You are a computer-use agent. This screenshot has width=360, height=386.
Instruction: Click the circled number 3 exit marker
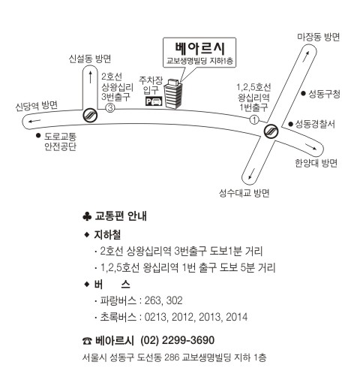point(110,108)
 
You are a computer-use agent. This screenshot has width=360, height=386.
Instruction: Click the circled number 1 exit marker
point(254,119)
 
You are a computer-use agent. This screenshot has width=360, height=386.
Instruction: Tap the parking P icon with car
point(154,101)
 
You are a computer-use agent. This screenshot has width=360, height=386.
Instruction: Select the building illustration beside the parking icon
point(173,94)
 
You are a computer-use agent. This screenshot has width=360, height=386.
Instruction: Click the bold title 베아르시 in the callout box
point(200,49)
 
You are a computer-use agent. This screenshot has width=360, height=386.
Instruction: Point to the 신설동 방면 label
point(90,59)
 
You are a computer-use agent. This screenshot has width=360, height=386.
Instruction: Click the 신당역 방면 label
point(37,106)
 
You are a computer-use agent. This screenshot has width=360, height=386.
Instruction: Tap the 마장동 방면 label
point(318,37)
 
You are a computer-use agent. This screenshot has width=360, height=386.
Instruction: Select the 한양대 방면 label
point(316,163)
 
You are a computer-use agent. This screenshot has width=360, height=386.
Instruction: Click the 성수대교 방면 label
point(244,193)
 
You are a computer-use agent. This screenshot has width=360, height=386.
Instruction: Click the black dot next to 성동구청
point(303,93)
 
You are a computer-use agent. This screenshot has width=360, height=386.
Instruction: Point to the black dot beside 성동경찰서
point(290,124)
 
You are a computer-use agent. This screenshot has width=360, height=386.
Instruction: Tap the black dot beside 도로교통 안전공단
point(38,135)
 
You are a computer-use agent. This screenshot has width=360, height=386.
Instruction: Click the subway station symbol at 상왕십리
point(90,115)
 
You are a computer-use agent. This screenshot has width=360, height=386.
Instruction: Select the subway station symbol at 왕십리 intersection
point(271,131)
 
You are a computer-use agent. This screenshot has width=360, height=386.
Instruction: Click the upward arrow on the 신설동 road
point(91,77)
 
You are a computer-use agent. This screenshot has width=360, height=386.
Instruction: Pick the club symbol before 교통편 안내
point(87,216)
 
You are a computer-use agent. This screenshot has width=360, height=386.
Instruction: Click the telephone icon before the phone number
point(87,341)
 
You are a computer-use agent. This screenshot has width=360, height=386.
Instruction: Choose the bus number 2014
point(236,317)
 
